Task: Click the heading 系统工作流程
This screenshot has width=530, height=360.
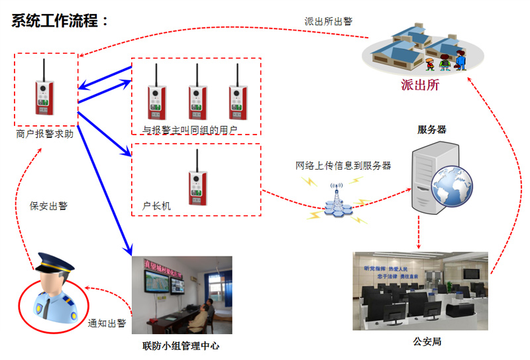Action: pyautogui.click(x=60, y=21)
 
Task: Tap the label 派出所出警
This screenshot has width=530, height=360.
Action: pyautogui.click(x=325, y=21)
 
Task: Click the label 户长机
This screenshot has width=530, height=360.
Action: pyautogui.click(x=156, y=206)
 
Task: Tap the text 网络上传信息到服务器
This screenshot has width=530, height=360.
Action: pyautogui.click(x=343, y=165)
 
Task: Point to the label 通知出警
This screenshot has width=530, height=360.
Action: pyautogui.click(x=107, y=324)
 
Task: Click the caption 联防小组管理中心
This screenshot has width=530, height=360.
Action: pyautogui.click(x=181, y=345)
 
